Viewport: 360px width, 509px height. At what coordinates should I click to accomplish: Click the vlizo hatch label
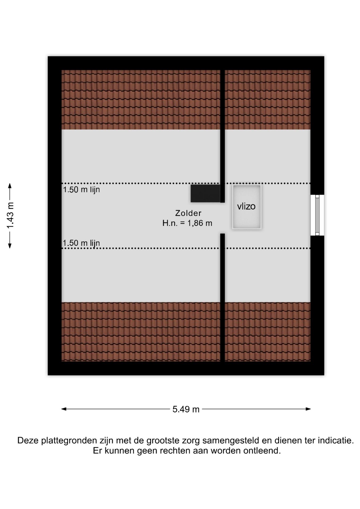246,206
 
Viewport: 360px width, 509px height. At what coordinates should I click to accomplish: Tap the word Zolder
188,213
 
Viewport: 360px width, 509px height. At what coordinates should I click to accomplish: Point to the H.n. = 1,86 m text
187,223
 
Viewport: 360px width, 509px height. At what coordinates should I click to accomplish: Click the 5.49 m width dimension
186,409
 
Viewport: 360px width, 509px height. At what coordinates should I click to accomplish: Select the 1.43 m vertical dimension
10,215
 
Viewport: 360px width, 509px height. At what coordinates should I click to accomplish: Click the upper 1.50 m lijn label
81,190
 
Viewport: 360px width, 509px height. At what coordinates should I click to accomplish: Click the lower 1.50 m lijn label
81,243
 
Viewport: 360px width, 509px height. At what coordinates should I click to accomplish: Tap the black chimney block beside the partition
205,194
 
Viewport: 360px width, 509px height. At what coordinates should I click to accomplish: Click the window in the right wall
317,215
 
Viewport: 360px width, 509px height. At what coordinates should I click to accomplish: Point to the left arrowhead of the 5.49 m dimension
64,409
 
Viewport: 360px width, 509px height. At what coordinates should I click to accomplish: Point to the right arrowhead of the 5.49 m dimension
308,409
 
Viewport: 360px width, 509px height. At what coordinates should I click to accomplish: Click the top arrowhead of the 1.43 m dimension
10,186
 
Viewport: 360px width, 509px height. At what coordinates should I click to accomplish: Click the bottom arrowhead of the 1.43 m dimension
10,246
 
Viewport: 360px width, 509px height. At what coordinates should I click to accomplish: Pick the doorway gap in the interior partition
222,218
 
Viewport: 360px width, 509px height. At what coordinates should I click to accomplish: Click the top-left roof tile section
141,100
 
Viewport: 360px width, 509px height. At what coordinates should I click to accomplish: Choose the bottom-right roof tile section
267,332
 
